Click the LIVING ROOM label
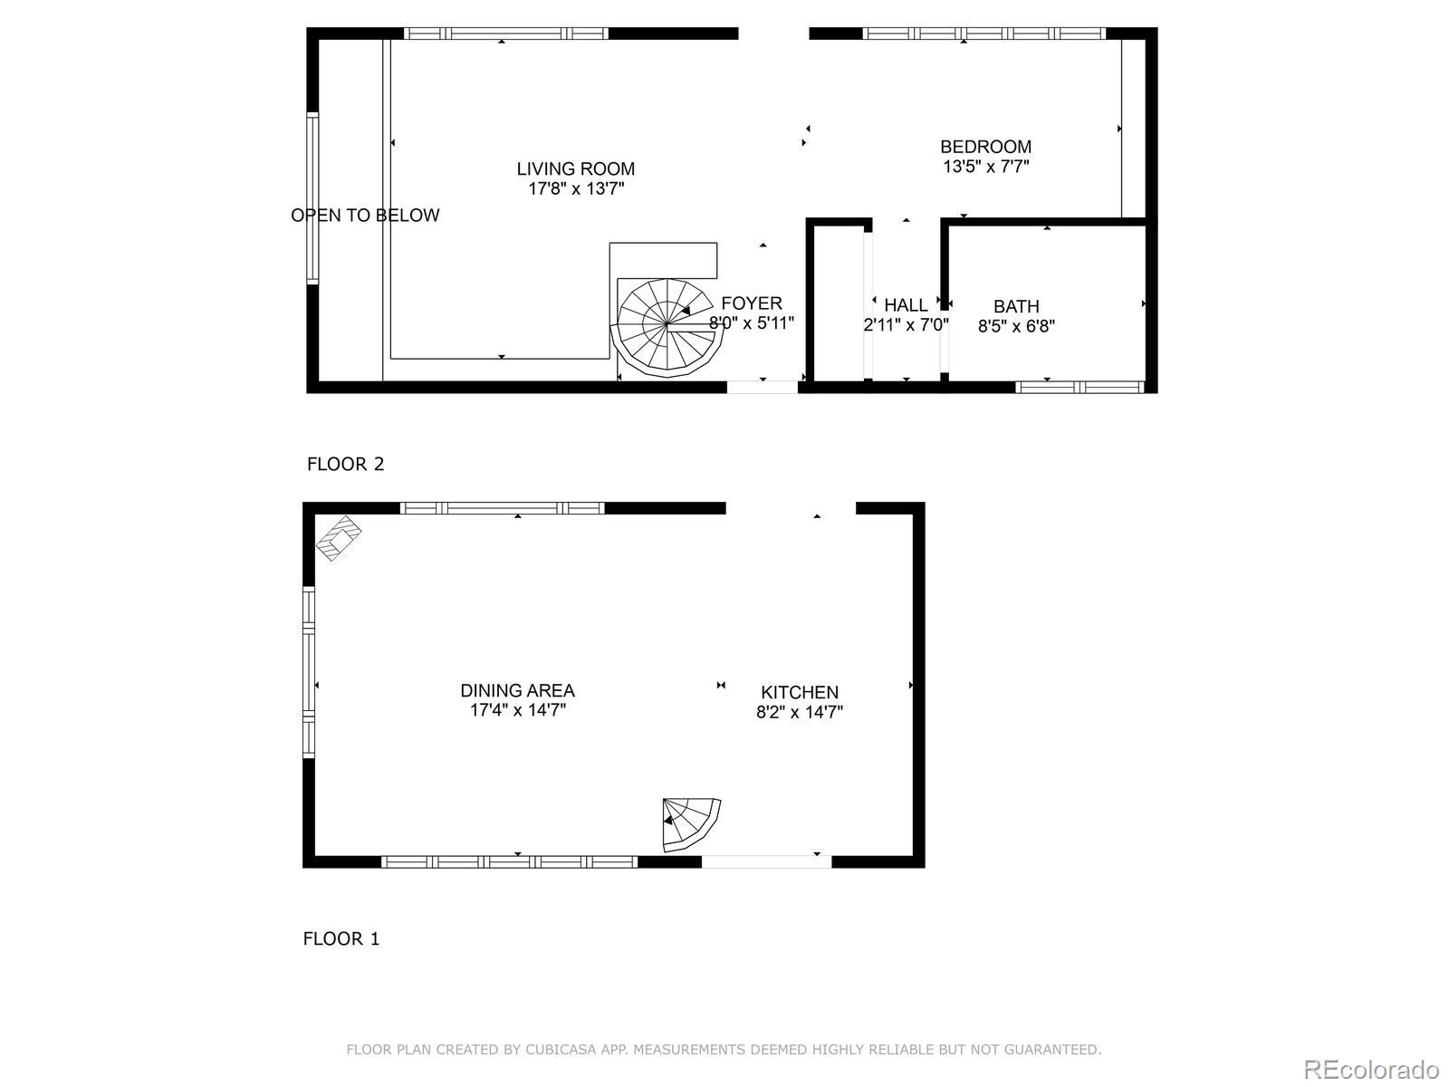point(575,168)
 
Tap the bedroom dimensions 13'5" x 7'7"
point(985,167)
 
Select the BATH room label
point(1015,306)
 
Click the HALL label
point(906,305)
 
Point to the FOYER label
point(752,303)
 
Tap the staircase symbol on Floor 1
point(691,823)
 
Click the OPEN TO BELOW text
point(365,215)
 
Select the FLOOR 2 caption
point(345,464)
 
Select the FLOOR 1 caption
point(341,938)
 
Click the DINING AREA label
point(517,691)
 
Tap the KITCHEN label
point(799,692)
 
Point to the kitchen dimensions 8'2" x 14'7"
point(799,712)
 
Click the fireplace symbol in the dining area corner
point(339,538)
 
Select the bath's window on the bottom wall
point(1080,387)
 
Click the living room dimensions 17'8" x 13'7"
point(576,189)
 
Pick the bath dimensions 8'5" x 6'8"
point(1016,326)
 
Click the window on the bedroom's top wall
point(984,34)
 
